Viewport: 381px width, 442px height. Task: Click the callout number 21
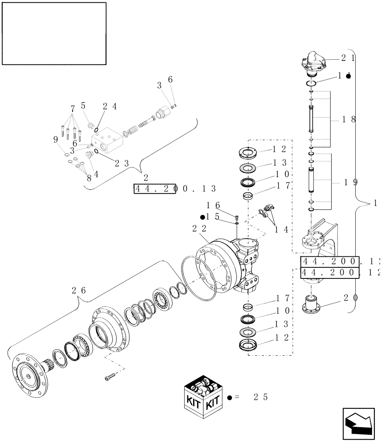[x=348, y=57]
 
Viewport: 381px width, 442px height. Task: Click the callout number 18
[x=350, y=119]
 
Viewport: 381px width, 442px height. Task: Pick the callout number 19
[x=350, y=182]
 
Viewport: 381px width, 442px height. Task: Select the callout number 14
[x=282, y=229]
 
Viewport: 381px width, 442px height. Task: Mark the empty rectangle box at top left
[x=54, y=34]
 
